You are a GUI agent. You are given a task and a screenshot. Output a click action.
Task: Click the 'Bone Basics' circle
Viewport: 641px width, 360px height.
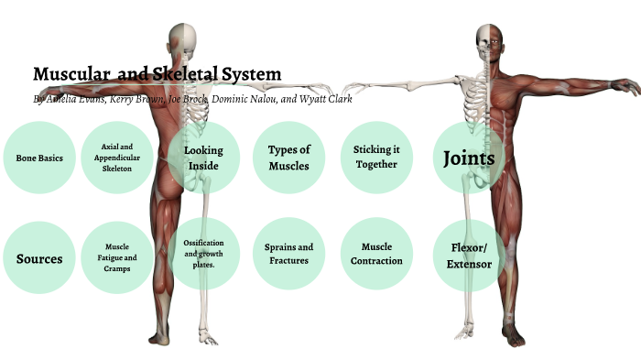click(x=38, y=158)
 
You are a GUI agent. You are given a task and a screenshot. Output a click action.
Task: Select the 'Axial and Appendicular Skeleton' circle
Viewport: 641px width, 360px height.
click(x=117, y=158)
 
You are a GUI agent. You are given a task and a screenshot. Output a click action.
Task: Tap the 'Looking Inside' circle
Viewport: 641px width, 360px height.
click(x=203, y=158)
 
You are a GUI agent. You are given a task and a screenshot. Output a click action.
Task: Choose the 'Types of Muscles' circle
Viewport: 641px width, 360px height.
click(x=288, y=158)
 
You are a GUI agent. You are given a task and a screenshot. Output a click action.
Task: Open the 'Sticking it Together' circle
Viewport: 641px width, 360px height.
click(x=375, y=158)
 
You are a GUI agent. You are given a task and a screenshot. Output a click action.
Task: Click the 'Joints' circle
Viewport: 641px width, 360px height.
click(x=468, y=158)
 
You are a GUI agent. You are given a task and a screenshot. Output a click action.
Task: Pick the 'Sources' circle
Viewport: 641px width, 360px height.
click(x=38, y=258)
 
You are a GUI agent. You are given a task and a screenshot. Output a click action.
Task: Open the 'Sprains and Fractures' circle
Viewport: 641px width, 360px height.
click(x=288, y=254)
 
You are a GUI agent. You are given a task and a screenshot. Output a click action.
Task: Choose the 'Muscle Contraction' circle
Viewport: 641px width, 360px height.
click(x=375, y=254)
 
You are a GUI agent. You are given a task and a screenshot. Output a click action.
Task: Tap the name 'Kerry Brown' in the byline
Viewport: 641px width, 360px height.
click(x=138, y=99)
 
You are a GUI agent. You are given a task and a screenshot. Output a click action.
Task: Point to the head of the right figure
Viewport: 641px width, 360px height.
click(x=488, y=40)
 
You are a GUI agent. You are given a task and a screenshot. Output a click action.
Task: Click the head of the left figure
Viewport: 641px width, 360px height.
click(x=182, y=38)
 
